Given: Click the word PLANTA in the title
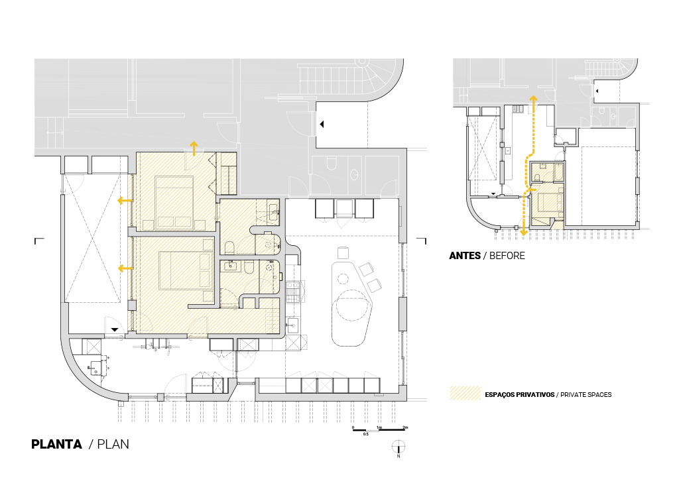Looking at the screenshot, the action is [x=57, y=445].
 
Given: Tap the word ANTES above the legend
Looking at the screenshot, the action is [x=465, y=256].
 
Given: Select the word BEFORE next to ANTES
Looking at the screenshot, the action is [x=507, y=256].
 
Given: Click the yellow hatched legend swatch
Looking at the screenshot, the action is [x=465, y=392].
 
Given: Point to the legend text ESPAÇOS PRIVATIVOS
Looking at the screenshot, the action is [x=520, y=395].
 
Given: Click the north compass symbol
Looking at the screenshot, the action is [x=399, y=447].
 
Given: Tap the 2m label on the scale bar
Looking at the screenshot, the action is [x=405, y=427].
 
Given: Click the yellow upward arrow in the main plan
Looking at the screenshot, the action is [x=194, y=148].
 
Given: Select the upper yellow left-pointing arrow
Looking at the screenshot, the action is [x=125, y=200].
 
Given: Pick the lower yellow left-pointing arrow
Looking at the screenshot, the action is [x=125, y=268].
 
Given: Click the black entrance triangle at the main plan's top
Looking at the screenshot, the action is [x=322, y=124].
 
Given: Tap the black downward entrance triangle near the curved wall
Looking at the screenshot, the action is [x=114, y=330].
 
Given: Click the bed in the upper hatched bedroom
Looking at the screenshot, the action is [x=174, y=202].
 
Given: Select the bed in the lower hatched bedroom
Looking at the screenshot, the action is [x=186, y=270].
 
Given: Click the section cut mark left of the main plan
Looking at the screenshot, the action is [x=39, y=241].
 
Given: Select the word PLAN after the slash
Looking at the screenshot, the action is [x=113, y=445].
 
